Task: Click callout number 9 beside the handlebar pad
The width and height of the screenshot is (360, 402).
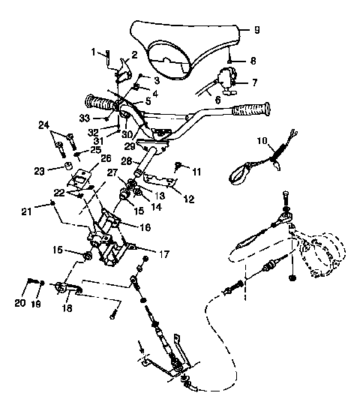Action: (x=256, y=31)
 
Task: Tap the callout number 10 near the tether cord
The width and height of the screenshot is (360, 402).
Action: (x=262, y=140)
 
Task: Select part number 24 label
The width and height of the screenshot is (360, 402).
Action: (x=43, y=124)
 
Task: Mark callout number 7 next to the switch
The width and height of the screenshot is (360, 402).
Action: (x=253, y=82)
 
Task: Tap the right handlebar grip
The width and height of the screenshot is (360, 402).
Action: (x=253, y=110)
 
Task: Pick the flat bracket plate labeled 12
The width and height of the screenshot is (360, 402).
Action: (x=159, y=181)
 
